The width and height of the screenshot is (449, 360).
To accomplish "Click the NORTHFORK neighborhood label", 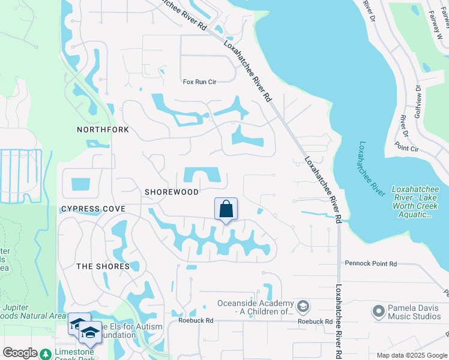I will pos(103,130).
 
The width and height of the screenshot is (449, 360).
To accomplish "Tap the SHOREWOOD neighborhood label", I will pos(172,192).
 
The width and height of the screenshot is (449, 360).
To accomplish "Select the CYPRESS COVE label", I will pos(93,209).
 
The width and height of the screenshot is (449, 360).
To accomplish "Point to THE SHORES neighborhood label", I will pos(103,266).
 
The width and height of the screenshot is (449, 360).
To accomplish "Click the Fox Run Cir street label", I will pos(200,82).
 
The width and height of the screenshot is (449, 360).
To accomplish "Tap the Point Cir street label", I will pos(406,148).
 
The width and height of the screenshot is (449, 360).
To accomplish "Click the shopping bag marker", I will pos(226,209).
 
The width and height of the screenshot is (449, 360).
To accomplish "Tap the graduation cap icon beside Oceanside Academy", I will pos(303,306).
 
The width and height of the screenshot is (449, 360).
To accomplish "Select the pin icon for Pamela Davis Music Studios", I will pos(378,311).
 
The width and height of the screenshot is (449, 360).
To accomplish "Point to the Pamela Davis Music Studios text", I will pos(414,311).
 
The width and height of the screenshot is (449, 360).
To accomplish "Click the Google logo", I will pos(20,352).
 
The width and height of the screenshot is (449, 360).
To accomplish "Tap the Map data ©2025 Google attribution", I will pos(411,355).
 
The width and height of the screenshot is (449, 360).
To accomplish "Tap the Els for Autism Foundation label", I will pos(120,331).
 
